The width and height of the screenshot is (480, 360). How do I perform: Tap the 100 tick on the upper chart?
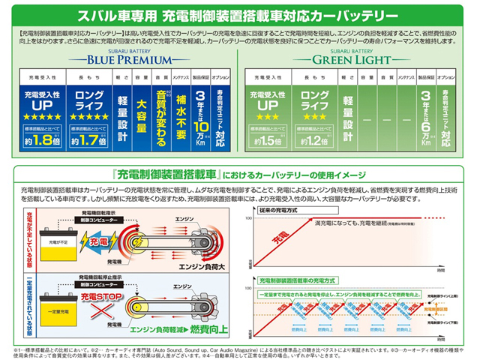(248, 217)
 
